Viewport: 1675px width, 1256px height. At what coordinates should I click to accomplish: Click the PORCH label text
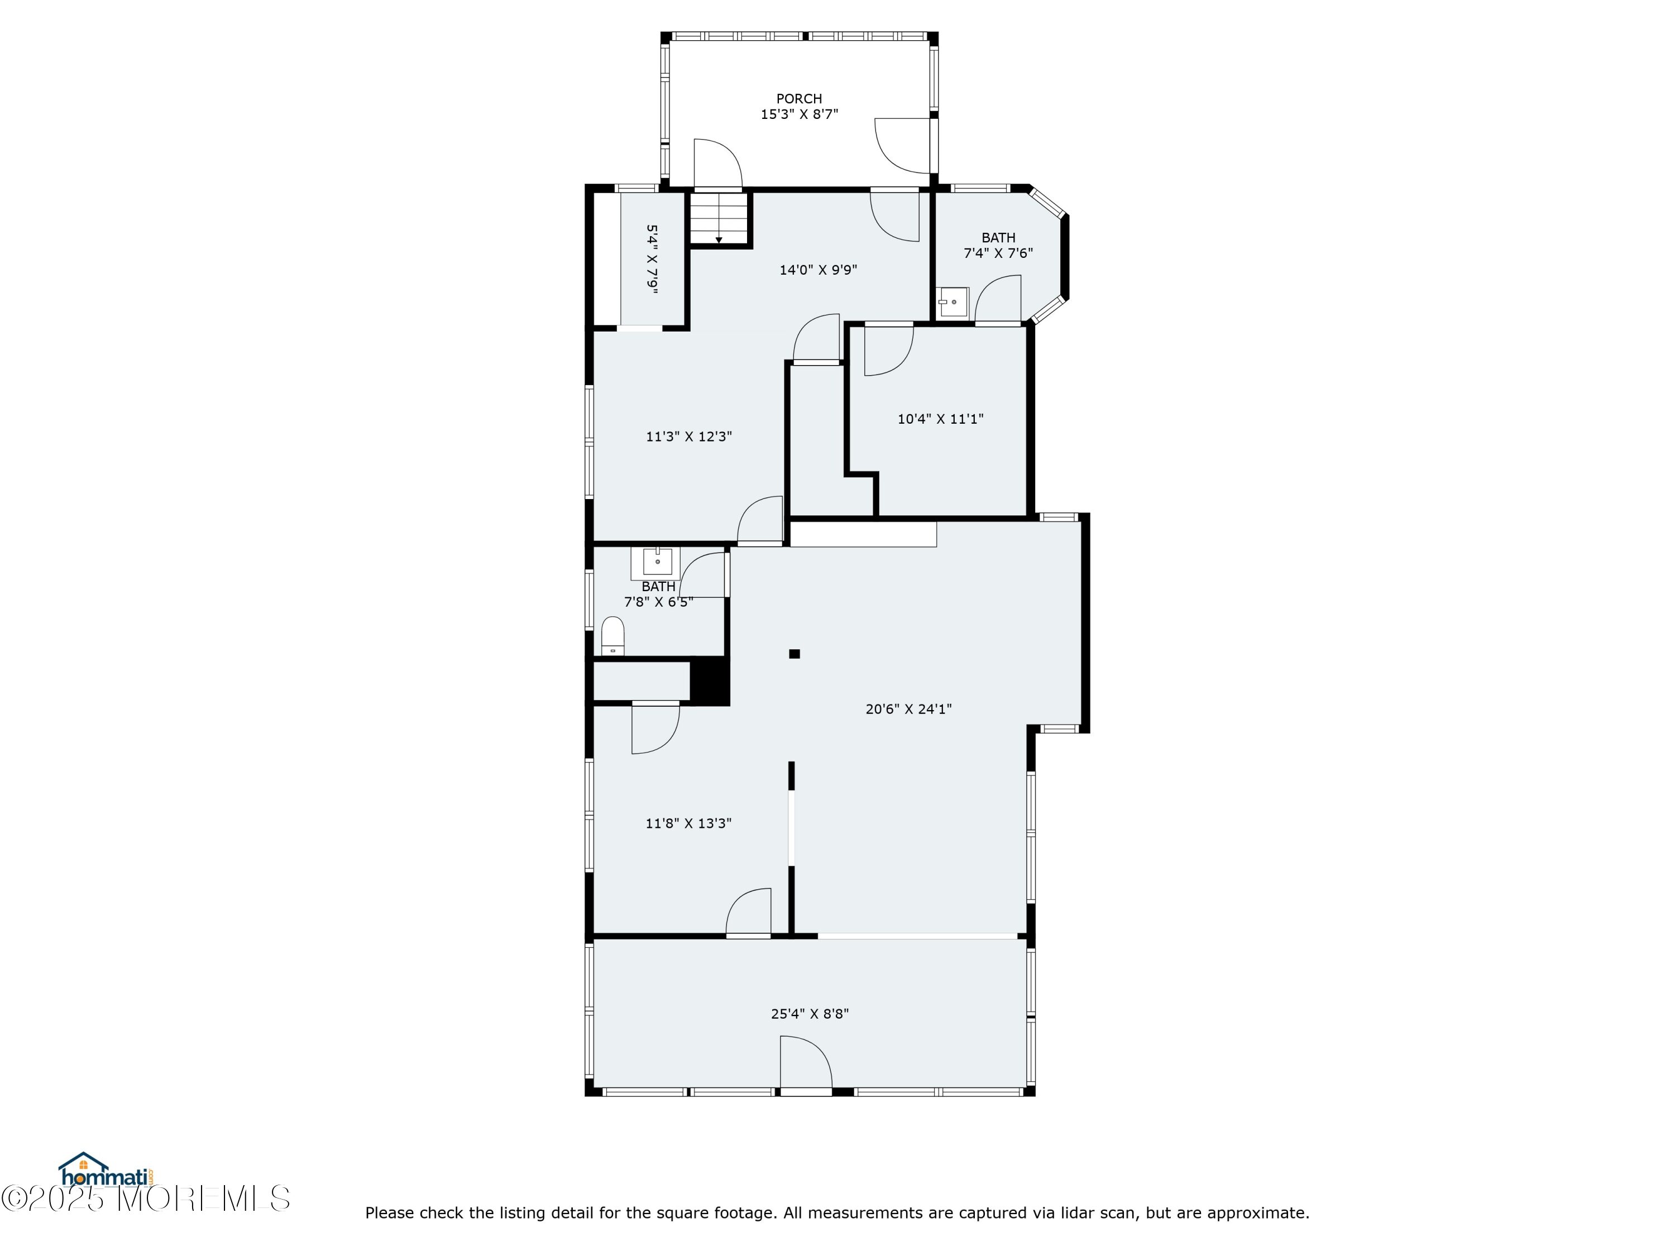tap(799, 98)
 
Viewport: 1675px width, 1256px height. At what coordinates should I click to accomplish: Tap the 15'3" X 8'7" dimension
tap(799, 114)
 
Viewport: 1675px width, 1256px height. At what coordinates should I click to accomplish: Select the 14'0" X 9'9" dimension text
tap(818, 270)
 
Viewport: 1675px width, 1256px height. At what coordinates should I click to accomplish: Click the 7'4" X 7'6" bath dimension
tap(998, 253)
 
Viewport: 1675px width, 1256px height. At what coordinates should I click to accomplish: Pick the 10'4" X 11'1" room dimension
tap(940, 419)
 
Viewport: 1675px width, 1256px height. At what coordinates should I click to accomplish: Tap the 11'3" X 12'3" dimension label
tap(688, 436)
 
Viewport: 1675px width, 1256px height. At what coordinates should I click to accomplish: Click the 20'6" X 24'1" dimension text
tap(908, 708)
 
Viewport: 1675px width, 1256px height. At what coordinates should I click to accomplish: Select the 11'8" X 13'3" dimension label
tap(688, 823)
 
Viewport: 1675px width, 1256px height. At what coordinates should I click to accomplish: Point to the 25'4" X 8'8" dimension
tap(810, 1014)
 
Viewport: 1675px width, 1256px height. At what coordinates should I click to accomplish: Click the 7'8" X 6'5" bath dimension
tap(658, 602)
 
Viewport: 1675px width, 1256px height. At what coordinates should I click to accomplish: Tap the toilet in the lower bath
tap(612, 636)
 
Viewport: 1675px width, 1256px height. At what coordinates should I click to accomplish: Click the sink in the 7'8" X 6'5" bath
tap(657, 562)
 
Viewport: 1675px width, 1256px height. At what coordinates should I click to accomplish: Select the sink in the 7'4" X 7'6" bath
tap(953, 302)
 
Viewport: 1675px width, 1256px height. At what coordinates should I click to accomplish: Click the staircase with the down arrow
tap(719, 219)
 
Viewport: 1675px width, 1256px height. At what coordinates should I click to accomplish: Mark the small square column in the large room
tap(795, 653)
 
